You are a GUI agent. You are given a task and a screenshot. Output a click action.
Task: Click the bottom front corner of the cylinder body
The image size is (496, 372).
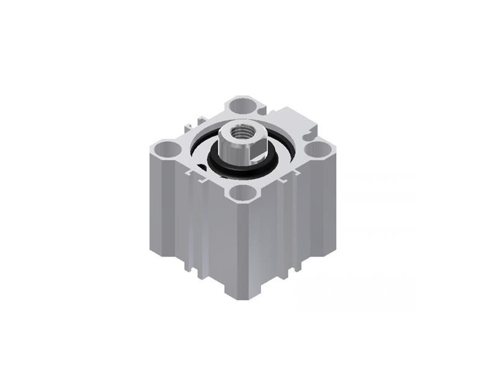point(240,296)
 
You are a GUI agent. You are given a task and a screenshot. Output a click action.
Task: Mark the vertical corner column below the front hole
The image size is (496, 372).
point(240,248)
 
